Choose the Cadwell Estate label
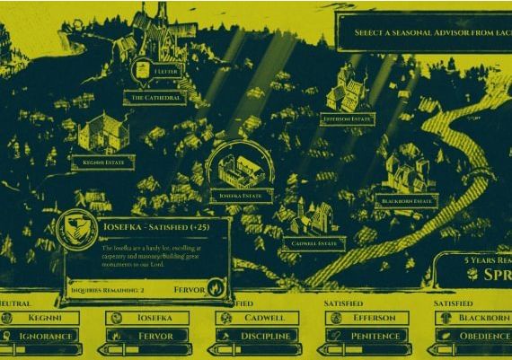(x=313, y=243)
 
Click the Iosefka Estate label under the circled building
(x=241, y=195)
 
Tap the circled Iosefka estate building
(x=239, y=168)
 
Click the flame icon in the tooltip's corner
(x=215, y=289)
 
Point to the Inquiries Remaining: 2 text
(x=108, y=290)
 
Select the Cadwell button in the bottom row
(x=263, y=318)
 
